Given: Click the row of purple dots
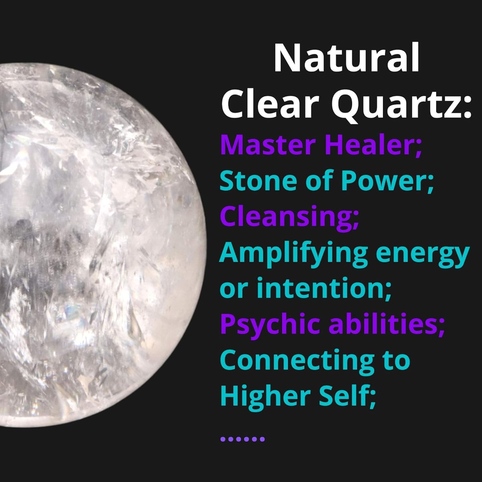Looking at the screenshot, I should tap(243, 439).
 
